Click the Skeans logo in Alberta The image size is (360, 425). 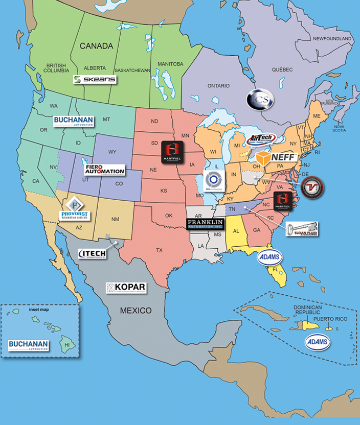click(x=95, y=79)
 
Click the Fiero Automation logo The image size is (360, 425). click(x=104, y=170)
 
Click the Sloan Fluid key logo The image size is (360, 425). click(x=302, y=229)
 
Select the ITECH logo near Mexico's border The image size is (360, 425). click(x=93, y=253)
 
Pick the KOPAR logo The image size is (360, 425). click(x=126, y=288)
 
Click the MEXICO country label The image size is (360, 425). click(x=136, y=310)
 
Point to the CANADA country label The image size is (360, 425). click(x=96, y=46)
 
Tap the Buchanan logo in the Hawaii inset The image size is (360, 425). click(x=29, y=345)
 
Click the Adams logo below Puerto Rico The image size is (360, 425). click(x=318, y=342)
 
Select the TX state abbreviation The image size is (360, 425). click(x=160, y=250)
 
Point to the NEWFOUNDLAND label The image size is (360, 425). click(x=332, y=39)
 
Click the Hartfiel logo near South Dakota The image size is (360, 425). click(x=172, y=151)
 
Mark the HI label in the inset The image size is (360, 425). click(x=66, y=345)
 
